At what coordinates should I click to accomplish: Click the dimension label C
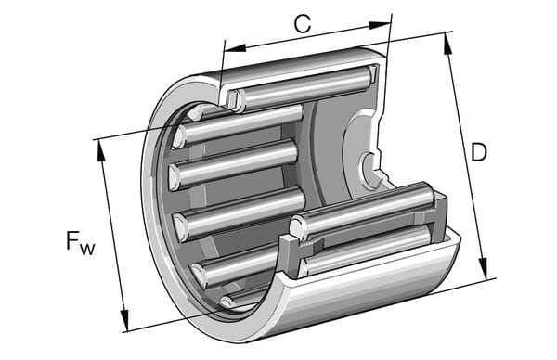click(x=303, y=24)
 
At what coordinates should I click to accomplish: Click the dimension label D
click(x=478, y=152)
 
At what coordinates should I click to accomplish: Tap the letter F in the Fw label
click(x=72, y=240)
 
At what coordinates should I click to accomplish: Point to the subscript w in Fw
click(x=87, y=249)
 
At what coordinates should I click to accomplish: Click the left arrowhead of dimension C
click(x=235, y=48)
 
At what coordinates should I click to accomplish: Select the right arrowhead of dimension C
click(x=379, y=25)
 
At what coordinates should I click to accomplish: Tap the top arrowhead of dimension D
click(x=448, y=44)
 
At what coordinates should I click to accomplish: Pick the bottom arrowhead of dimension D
click(x=483, y=268)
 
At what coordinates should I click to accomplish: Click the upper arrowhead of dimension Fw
click(x=101, y=151)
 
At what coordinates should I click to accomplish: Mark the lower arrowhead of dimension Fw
click(x=124, y=320)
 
